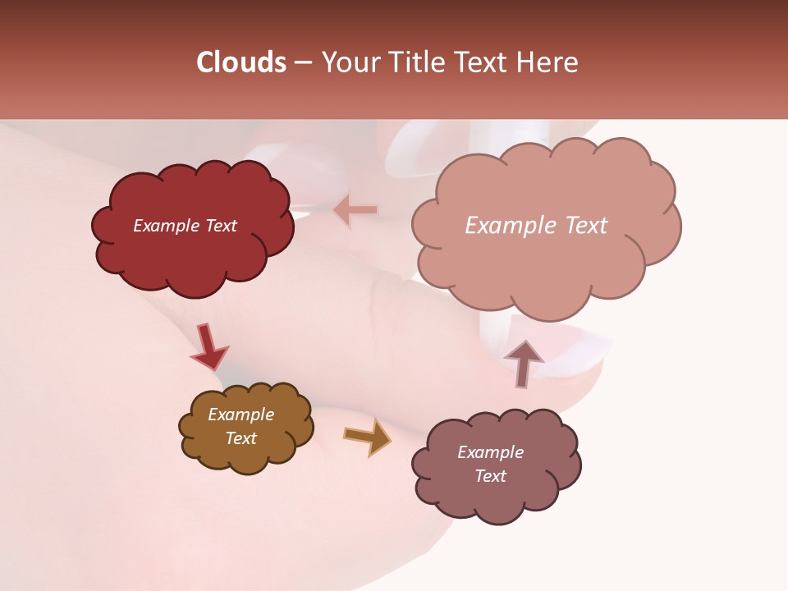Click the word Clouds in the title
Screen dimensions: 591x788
[241, 62]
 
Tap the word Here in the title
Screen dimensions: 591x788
[545, 62]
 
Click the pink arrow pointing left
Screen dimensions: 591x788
[355, 210]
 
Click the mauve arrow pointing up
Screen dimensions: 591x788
[524, 362]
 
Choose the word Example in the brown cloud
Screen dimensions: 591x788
[241, 415]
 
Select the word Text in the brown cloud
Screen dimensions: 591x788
[241, 438]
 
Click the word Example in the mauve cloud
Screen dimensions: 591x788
[490, 452]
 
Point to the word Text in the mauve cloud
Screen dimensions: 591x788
[490, 476]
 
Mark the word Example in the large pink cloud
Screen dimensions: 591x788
[502, 226]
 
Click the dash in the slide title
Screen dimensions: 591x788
[302, 62]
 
